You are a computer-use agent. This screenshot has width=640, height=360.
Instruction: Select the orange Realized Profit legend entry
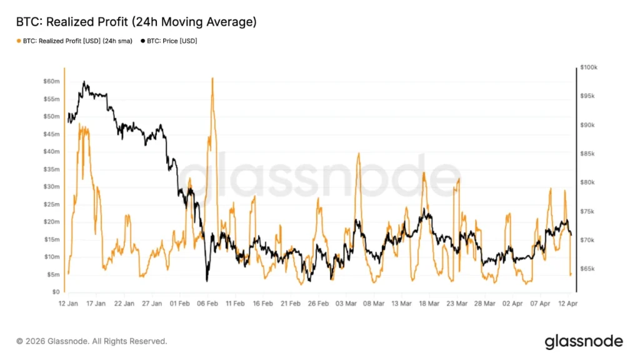tap(74, 41)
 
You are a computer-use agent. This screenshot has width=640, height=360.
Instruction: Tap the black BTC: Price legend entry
tap(169, 41)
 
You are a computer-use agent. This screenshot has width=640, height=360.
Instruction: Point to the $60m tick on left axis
tap(51, 81)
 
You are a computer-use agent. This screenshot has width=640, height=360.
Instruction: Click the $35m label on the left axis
tap(51, 169)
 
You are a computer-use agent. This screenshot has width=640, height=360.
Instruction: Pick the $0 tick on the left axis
tap(56, 292)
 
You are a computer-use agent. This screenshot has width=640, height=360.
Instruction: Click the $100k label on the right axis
tap(589, 67)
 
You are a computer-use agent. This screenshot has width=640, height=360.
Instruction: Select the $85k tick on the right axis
tap(587, 154)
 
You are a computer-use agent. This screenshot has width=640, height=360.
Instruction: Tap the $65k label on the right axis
tap(587, 269)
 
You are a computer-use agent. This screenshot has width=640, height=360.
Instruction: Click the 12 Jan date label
tap(68, 304)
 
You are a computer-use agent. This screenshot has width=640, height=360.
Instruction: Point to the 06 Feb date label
tap(207, 304)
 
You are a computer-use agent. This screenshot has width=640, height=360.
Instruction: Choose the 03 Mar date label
tap(346, 304)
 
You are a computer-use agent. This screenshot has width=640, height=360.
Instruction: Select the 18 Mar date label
tap(429, 304)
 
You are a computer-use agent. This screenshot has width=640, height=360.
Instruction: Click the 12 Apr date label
tap(567, 304)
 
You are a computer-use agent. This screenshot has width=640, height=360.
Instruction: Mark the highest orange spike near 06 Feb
tap(212, 78)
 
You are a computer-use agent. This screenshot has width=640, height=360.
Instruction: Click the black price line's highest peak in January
tap(84, 82)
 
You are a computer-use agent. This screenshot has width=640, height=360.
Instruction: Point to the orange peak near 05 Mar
tap(359, 154)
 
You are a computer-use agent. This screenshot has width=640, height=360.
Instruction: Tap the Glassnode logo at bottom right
tap(584, 342)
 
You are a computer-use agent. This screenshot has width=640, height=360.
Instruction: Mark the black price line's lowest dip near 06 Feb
tap(207, 281)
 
